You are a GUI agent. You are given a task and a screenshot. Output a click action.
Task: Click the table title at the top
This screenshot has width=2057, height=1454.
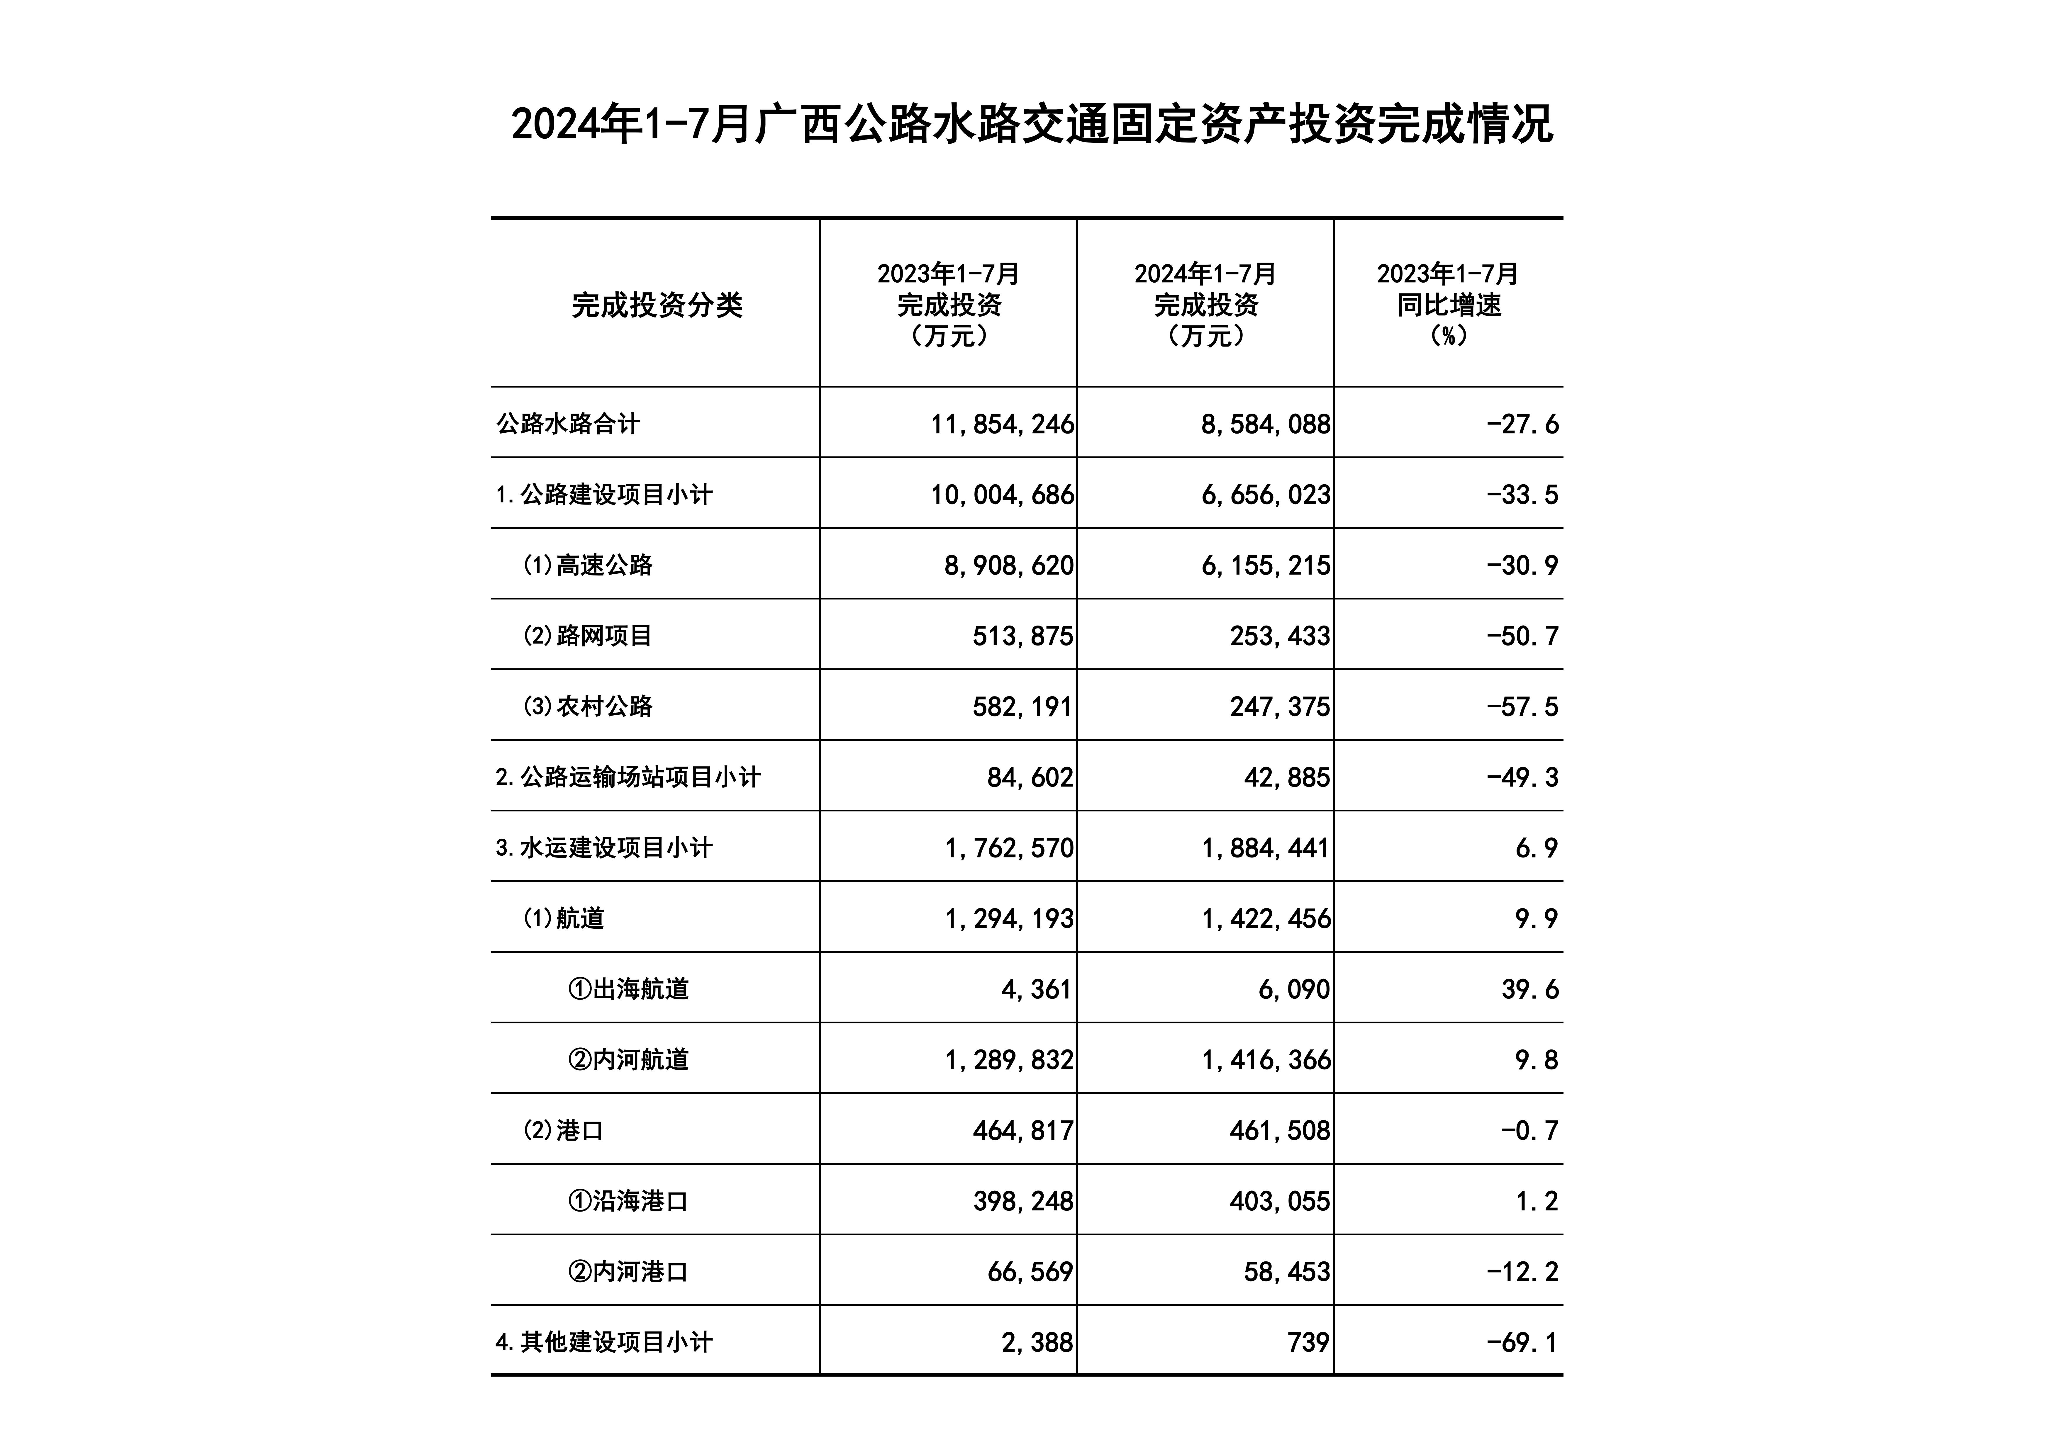click(1031, 125)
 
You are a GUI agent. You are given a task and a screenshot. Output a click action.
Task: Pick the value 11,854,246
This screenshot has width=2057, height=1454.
click(1002, 424)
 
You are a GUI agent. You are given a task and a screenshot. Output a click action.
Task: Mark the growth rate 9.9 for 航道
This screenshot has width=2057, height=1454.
click(1537, 918)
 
